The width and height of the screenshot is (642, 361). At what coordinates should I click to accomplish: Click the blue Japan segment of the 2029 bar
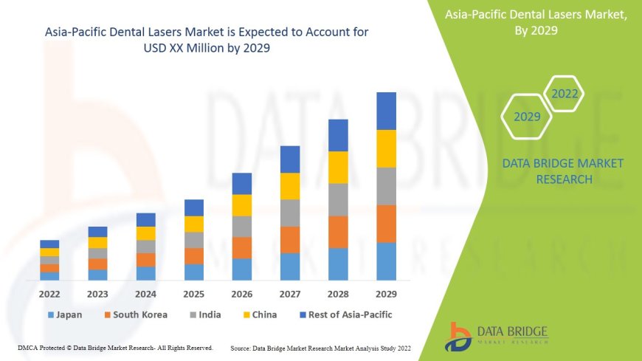[x=386, y=261]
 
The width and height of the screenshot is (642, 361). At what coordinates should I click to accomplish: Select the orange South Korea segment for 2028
[x=338, y=232]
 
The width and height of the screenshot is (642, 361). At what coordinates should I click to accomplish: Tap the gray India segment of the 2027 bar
[x=290, y=213]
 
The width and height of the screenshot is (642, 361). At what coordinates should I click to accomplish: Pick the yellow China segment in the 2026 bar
[x=242, y=205]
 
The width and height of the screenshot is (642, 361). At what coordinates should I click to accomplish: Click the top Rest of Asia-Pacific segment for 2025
[x=194, y=207]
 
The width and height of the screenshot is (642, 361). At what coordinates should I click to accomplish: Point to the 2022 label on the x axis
[x=49, y=294]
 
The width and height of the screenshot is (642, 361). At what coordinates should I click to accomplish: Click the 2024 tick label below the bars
[x=146, y=294]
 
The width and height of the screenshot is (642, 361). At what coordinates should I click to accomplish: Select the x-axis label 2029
[x=386, y=294]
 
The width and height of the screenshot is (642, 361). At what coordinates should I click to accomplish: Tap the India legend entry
[x=204, y=314]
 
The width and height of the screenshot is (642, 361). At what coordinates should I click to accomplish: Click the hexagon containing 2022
[x=565, y=94]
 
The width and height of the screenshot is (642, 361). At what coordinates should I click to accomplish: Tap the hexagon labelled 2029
[x=527, y=117]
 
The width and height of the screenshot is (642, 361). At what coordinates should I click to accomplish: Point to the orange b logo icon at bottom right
[x=459, y=336]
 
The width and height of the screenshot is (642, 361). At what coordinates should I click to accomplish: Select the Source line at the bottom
[x=320, y=348]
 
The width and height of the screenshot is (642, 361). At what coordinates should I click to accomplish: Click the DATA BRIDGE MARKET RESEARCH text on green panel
[x=562, y=171]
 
